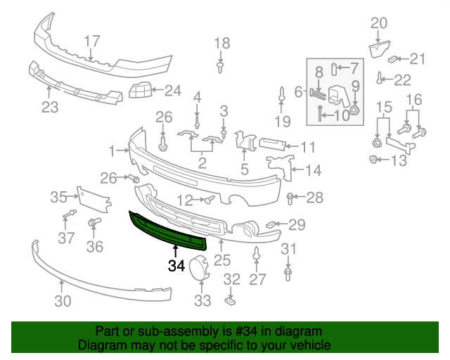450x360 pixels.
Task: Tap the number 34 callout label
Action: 176,266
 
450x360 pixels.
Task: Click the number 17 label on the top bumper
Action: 92,41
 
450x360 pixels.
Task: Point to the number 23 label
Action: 50,108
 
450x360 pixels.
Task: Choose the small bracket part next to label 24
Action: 140,90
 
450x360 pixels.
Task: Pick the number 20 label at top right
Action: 378,22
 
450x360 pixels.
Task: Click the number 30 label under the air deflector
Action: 63,302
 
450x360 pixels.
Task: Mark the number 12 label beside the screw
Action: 185,200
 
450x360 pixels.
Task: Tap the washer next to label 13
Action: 373,160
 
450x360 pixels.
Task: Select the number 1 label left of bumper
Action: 111,150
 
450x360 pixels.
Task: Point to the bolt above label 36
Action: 93,224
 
